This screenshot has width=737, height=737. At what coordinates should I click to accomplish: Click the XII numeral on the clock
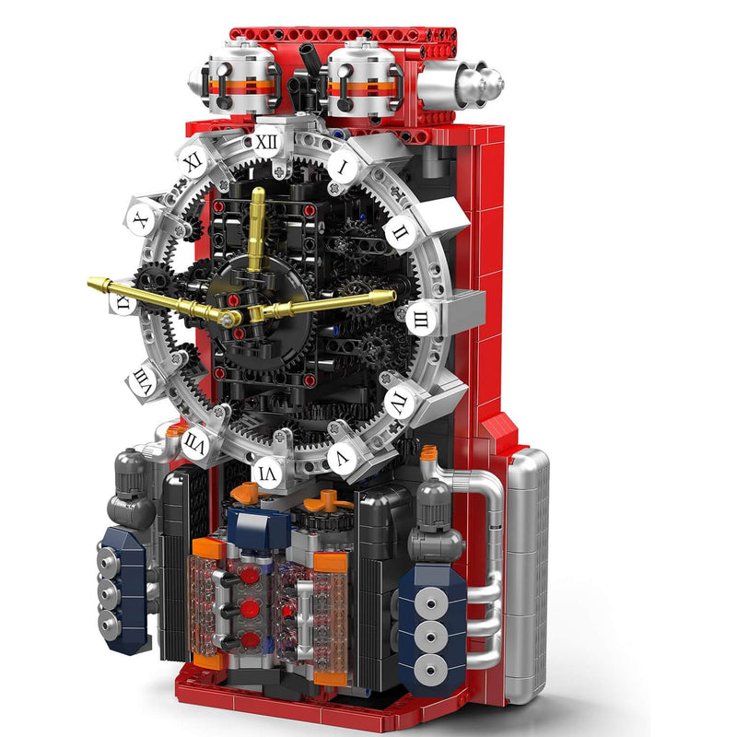click(x=266, y=142)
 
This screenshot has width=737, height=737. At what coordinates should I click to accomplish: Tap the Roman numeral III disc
click(x=421, y=319)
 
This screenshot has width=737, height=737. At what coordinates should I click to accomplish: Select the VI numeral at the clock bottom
click(x=266, y=471)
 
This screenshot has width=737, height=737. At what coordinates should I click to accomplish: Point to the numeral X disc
click(x=140, y=221)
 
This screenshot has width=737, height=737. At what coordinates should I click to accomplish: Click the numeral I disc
click(x=343, y=168)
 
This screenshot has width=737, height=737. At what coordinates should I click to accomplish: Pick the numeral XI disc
click(x=193, y=160)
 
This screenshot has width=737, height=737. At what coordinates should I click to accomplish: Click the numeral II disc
click(x=400, y=232)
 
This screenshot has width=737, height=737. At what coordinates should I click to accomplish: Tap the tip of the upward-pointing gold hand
click(x=258, y=193)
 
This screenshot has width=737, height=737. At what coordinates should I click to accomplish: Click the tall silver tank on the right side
click(x=528, y=571)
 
